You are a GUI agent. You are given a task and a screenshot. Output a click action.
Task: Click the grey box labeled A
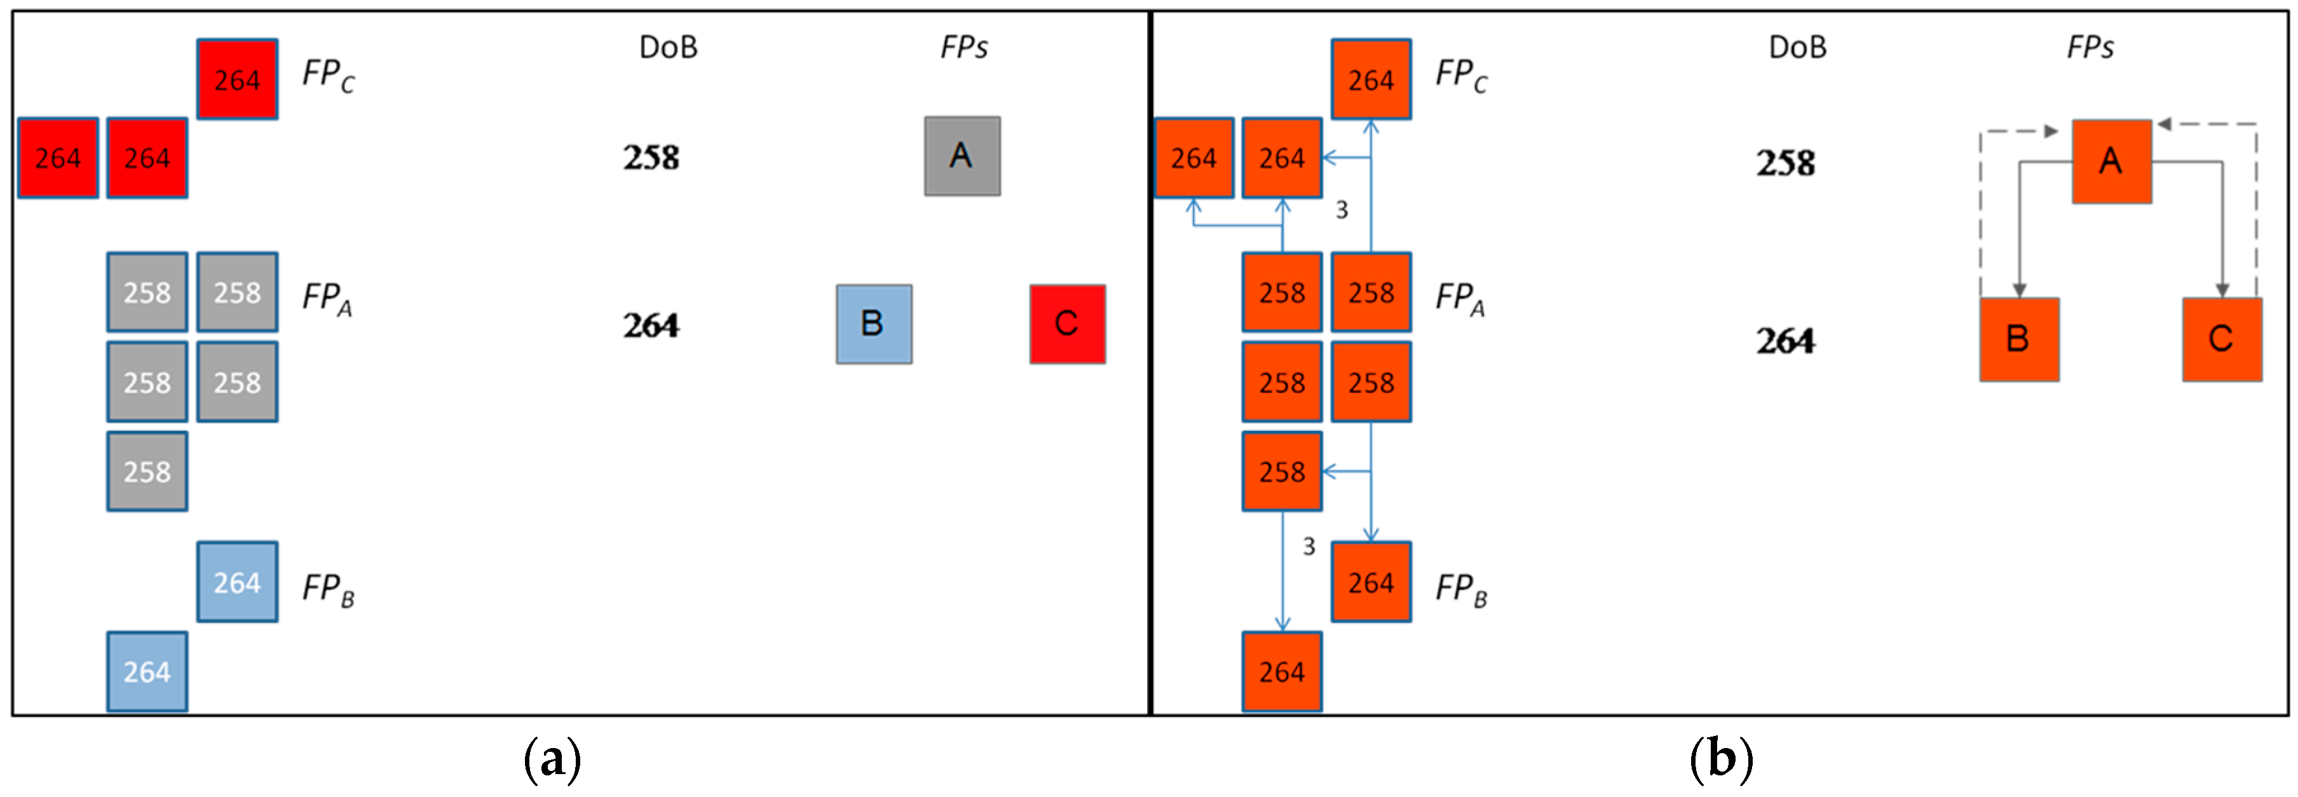pos(962,156)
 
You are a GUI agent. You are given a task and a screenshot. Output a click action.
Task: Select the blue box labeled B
pos(873,324)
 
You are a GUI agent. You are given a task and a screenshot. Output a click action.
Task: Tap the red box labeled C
pos(1067,324)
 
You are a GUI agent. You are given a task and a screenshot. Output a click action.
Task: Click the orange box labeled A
pos(2111,161)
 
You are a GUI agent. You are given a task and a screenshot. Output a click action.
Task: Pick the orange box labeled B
pos(2019,339)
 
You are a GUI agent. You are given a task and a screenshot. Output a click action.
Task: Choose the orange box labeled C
pos(2221,339)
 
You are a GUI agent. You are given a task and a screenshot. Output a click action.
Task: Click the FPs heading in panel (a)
pos(963,47)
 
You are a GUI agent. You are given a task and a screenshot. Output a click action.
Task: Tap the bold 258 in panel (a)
pos(651,158)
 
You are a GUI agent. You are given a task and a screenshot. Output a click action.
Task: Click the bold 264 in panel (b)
pos(1785,341)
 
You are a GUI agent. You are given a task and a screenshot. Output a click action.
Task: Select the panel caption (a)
pos(552,759)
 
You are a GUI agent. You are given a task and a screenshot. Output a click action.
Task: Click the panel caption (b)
pos(1721,759)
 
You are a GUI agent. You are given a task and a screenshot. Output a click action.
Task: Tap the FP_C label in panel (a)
pos(327,75)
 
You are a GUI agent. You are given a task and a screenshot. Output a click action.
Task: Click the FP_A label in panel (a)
pos(327,298)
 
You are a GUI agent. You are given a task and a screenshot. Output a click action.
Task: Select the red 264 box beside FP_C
pos(237,79)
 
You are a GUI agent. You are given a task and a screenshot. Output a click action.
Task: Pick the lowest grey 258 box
pos(147,471)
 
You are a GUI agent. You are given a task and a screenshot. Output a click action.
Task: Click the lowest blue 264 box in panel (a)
pos(147,671)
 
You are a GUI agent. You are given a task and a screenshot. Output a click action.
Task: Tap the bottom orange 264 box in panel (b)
pos(1282,671)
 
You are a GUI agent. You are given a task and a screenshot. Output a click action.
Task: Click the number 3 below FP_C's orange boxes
pos(1341,210)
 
